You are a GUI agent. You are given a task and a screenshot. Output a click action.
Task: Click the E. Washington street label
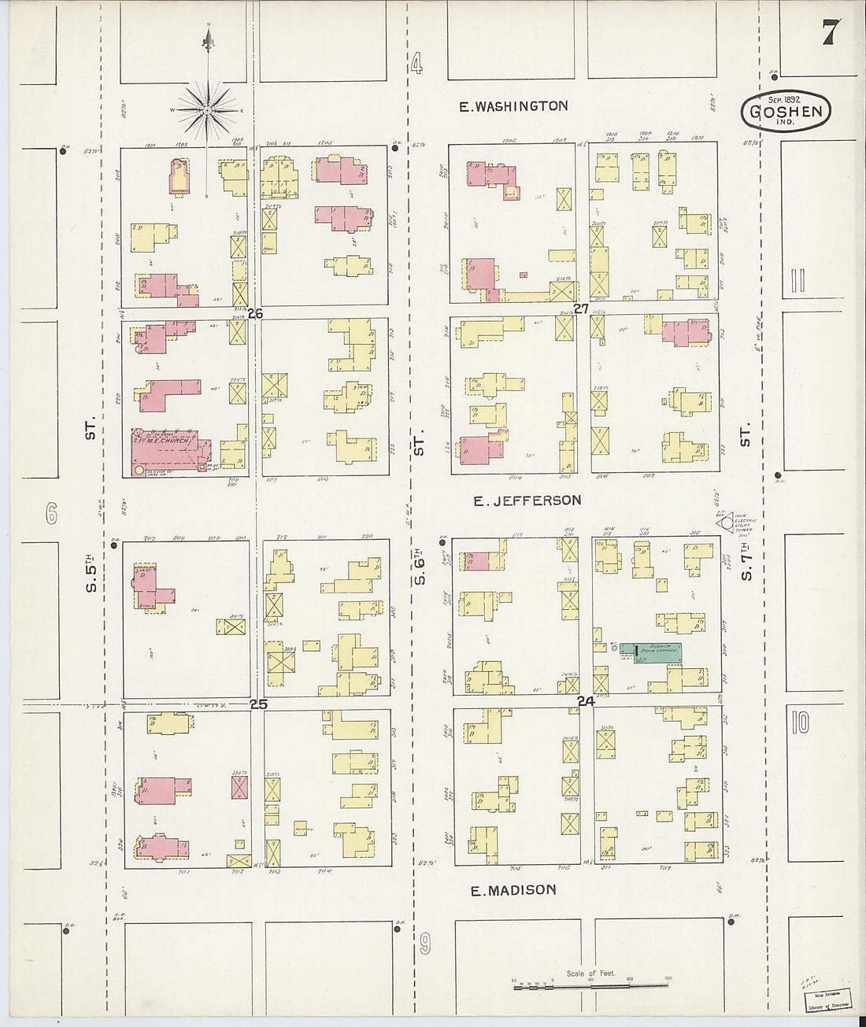pyautogui.click(x=513, y=106)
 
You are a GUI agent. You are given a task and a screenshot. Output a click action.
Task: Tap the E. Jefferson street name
pyautogui.click(x=527, y=501)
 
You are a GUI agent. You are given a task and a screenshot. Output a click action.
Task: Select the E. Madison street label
pyautogui.click(x=513, y=890)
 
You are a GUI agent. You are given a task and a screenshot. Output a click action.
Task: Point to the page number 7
pyautogui.click(x=830, y=33)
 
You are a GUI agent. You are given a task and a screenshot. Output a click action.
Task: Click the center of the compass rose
pyautogui.click(x=208, y=111)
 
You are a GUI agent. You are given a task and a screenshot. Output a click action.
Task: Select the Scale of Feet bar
pyautogui.click(x=590, y=985)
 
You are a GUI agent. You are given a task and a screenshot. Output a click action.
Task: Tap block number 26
pyautogui.click(x=254, y=313)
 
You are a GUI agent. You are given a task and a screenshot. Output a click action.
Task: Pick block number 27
pyautogui.click(x=581, y=309)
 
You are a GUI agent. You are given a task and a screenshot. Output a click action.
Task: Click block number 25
pyautogui.click(x=258, y=704)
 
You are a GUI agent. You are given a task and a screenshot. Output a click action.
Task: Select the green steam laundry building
pyautogui.click(x=650, y=652)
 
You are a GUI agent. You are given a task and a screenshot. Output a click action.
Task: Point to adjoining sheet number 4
pyautogui.click(x=416, y=63)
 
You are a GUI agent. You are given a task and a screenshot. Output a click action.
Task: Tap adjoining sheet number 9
pyautogui.click(x=425, y=943)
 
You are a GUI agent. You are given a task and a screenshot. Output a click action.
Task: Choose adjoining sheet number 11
pyautogui.click(x=798, y=280)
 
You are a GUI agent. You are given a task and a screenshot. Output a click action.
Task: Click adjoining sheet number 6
pyautogui.click(x=52, y=515)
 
